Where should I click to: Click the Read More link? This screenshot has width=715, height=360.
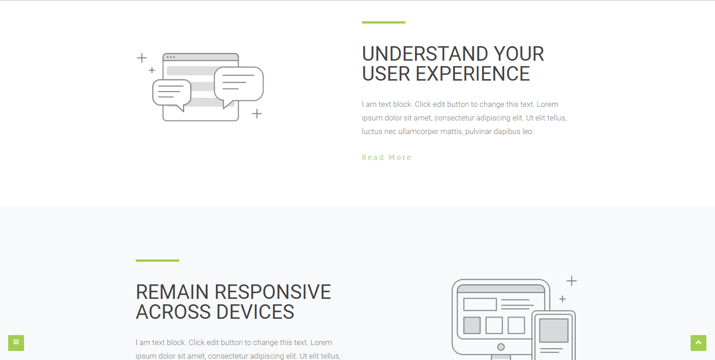(386, 158)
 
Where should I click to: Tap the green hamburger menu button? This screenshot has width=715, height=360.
(16, 343)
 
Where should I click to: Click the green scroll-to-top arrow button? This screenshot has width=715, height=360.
(698, 343)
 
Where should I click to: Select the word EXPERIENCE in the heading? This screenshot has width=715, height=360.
(472, 74)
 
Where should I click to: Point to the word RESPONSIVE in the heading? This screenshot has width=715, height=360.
(272, 292)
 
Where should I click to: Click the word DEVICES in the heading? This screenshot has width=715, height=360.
(255, 312)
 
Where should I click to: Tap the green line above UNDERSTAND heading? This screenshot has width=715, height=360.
(384, 22)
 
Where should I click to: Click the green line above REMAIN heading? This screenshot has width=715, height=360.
(157, 261)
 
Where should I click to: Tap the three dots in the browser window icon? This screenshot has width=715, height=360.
(171, 57)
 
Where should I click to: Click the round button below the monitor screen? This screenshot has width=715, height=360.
(501, 347)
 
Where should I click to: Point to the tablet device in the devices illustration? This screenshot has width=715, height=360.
(553, 336)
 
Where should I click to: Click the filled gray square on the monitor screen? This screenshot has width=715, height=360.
(472, 325)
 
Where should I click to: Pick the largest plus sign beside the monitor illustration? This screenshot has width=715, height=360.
(572, 281)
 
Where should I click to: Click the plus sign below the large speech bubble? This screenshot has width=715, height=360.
(257, 114)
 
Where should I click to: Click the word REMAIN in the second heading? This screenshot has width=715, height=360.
(172, 292)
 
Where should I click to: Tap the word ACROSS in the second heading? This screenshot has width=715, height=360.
(173, 312)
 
